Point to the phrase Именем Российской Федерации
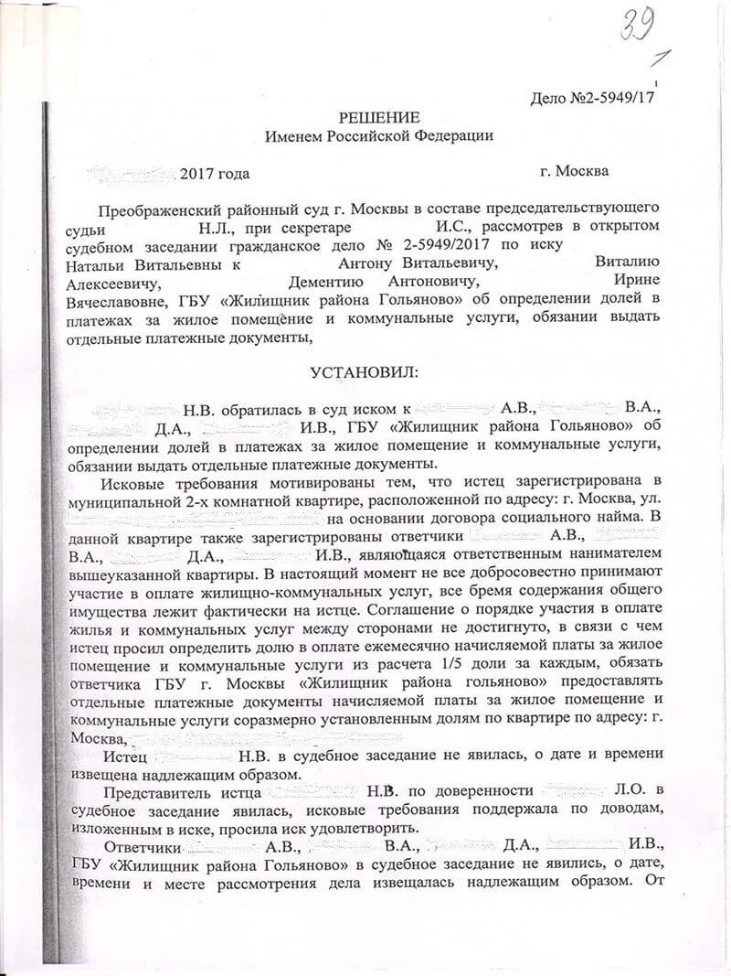pos(378,135)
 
